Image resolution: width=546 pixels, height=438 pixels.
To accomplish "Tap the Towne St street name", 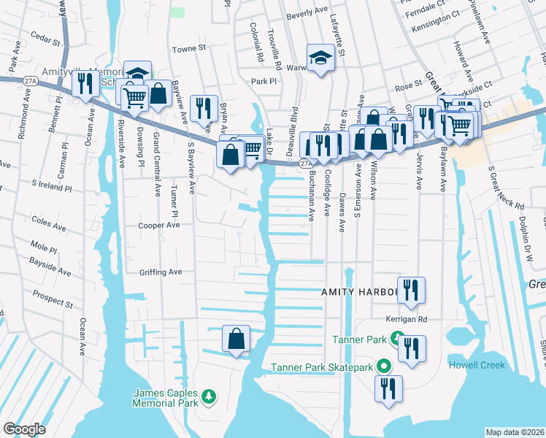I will click(x=189, y=50).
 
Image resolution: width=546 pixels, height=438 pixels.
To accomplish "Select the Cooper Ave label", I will click(x=159, y=226).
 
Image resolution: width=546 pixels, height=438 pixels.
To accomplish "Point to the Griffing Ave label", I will click(x=160, y=272).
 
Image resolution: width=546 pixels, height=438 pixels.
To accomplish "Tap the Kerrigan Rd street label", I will click(x=406, y=319).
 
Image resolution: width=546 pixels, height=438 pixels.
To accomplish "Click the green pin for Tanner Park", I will click(x=396, y=339).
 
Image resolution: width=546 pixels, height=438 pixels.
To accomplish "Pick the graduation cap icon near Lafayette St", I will click(x=320, y=56).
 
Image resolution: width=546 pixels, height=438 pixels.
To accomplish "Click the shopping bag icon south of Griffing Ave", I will click(x=236, y=339).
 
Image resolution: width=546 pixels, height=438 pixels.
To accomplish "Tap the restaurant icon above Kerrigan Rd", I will click(x=411, y=289).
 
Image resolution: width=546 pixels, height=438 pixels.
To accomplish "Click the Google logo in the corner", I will click(x=24, y=429).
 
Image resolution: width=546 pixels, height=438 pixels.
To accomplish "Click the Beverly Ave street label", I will click(x=307, y=13).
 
